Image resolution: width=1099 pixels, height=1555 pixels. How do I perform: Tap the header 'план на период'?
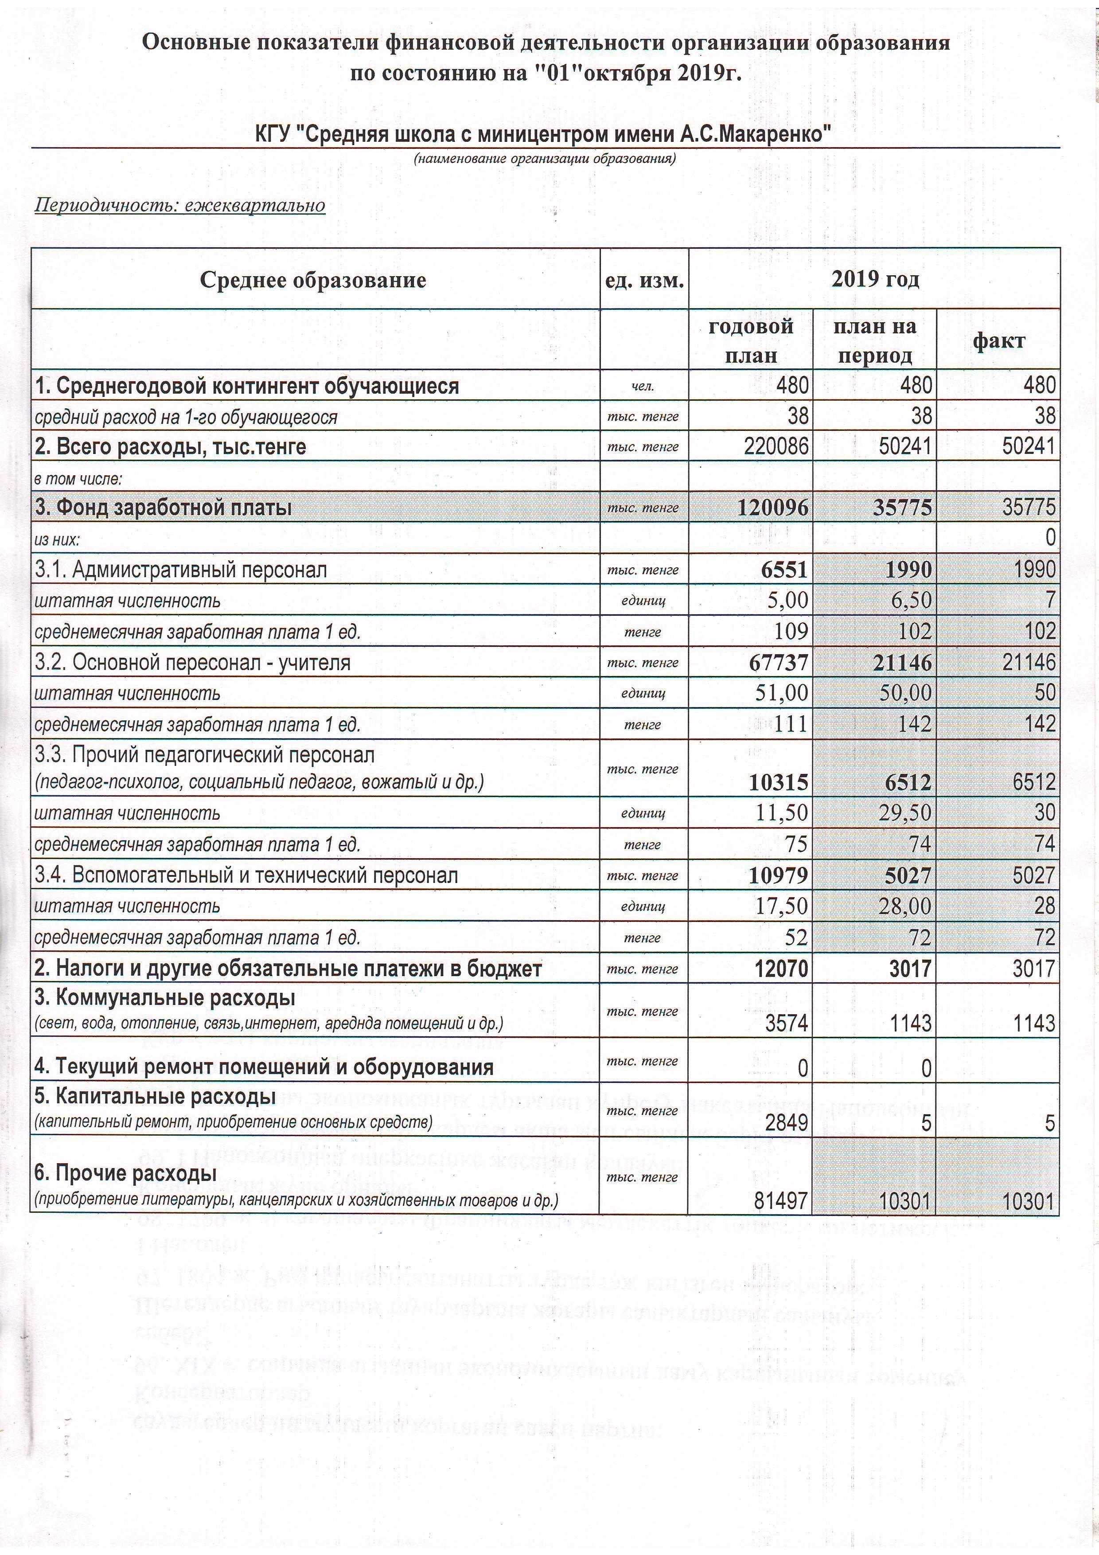click(x=874, y=341)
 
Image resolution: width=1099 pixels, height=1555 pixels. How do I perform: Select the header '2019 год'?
click(x=875, y=279)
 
